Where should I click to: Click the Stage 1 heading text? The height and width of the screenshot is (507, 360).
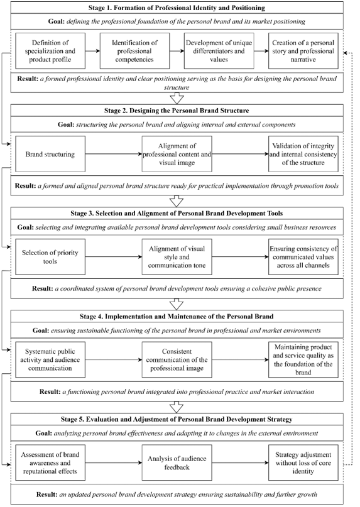(x=177, y=8)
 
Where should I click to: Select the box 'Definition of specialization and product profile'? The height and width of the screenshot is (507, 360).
(x=50, y=51)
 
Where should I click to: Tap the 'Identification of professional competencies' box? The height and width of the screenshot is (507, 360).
(x=134, y=51)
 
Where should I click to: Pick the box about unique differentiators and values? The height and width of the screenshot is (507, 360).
(x=219, y=51)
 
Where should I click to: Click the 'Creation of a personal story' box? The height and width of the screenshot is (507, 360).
(x=303, y=51)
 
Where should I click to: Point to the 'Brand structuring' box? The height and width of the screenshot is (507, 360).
(x=50, y=154)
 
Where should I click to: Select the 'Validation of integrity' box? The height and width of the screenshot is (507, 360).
(x=303, y=154)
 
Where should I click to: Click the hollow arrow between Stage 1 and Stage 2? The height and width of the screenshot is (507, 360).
(x=177, y=98)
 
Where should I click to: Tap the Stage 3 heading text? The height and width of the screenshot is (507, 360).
(x=177, y=214)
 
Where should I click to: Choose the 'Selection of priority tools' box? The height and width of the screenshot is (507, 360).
(x=50, y=257)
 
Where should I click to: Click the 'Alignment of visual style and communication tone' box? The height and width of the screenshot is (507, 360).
(x=177, y=257)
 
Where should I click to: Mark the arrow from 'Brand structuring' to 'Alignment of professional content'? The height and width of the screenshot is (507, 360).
(x=114, y=154)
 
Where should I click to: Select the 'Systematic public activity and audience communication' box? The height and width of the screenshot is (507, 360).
(x=50, y=359)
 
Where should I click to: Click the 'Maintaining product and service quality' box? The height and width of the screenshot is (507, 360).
(x=303, y=359)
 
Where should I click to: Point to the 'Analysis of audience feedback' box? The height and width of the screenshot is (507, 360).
(x=177, y=462)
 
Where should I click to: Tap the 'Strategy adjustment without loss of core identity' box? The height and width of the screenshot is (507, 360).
(x=303, y=462)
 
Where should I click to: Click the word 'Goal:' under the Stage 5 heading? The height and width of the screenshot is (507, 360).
(x=44, y=433)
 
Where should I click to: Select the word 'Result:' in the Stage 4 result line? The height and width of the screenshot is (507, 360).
(x=50, y=391)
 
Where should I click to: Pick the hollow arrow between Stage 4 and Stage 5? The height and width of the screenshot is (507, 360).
(x=177, y=407)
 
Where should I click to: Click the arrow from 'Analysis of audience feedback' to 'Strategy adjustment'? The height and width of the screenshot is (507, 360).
(x=241, y=462)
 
